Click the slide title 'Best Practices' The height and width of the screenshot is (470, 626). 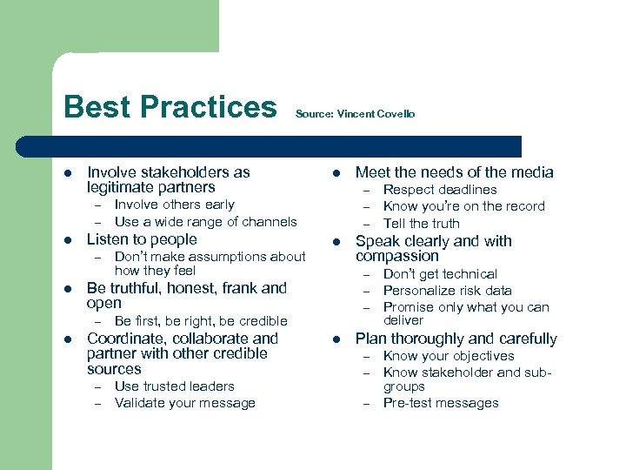click(170, 107)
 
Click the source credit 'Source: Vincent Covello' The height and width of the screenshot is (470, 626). click(355, 114)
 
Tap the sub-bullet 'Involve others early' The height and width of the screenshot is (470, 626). click(174, 205)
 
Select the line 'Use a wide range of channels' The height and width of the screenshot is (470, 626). click(205, 222)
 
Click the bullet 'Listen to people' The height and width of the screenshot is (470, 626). click(142, 239)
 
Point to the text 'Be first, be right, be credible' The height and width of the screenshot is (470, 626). click(200, 321)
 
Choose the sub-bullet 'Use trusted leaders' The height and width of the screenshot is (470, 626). click(174, 386)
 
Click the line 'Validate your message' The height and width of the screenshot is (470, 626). click(184, 403)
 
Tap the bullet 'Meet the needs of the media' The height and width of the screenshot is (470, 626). click(454, 172)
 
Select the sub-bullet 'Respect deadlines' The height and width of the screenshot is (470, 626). click(440, 190)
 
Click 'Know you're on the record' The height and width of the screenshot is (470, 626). click(463, 206)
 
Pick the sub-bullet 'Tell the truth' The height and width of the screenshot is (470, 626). click(421, 223)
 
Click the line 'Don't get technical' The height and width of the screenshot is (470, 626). click(440, 274)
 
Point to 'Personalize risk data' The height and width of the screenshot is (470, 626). click(447, 291)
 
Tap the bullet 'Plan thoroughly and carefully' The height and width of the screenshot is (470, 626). click(456, 339)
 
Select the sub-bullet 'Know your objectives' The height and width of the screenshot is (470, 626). click(448, 356)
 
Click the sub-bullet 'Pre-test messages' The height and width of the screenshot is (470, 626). click(441, 403)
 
